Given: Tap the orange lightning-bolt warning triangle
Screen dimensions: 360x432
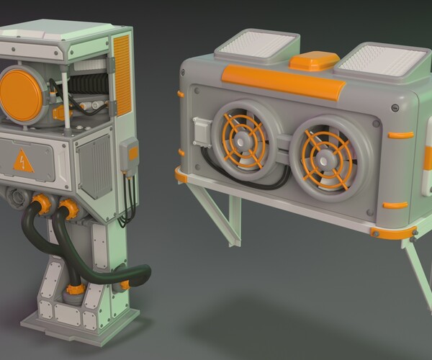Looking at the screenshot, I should pos(23,162).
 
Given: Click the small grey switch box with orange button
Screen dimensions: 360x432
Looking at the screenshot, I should pos(130,155).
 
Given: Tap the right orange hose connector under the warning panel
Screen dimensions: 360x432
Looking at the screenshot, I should pos(70,208).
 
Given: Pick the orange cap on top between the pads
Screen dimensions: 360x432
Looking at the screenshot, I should pos(314,61).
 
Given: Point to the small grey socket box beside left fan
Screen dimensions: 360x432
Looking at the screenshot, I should pos(202,130).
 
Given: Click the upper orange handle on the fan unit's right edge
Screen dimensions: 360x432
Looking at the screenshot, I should pos(400,135).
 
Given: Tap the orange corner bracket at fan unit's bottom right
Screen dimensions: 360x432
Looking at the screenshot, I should pos(392,233).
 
